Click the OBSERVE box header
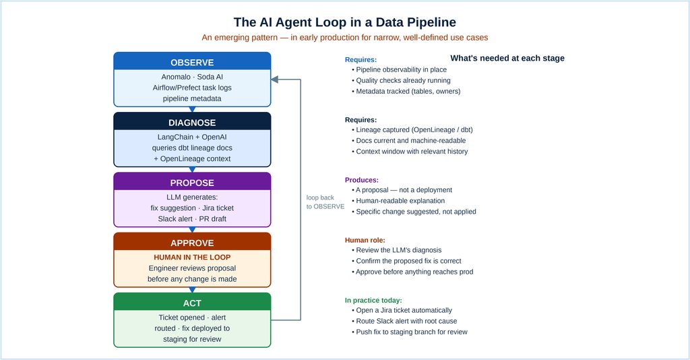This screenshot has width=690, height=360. (x=192, y=61)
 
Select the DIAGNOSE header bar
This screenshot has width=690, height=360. (x=192, y=121)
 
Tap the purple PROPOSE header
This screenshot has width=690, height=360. (x=192, y=182)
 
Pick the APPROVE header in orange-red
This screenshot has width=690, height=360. (x=192, y=242)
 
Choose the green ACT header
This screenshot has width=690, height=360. (x=192, y=302)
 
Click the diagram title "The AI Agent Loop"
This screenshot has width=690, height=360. (x=344, y=22)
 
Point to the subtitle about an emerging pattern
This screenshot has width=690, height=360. (x=344, y=37)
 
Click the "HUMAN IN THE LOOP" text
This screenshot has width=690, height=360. (x=192, y=258)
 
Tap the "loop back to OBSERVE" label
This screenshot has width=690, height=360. (x=325, y=202)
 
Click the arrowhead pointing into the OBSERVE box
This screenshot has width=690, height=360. (x=275, y=80)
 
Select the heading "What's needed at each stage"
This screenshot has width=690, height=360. (x=507, y=58)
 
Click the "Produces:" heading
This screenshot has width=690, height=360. (x=362, y=180)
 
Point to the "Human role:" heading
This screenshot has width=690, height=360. (x=365, y=240)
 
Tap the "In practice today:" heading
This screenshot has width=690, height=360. (x=373, y=301)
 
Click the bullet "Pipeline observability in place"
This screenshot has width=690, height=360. (x=399, y=69)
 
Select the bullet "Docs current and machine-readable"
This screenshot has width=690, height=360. (x=409, y=140)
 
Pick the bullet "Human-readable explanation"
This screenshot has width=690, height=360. (x=398, y=201)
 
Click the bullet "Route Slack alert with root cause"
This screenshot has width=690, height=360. (x=404, y=322)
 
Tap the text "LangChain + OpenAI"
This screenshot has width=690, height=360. (x=192, y=137)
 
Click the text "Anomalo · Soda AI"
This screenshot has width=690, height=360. (x=192, y=77)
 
